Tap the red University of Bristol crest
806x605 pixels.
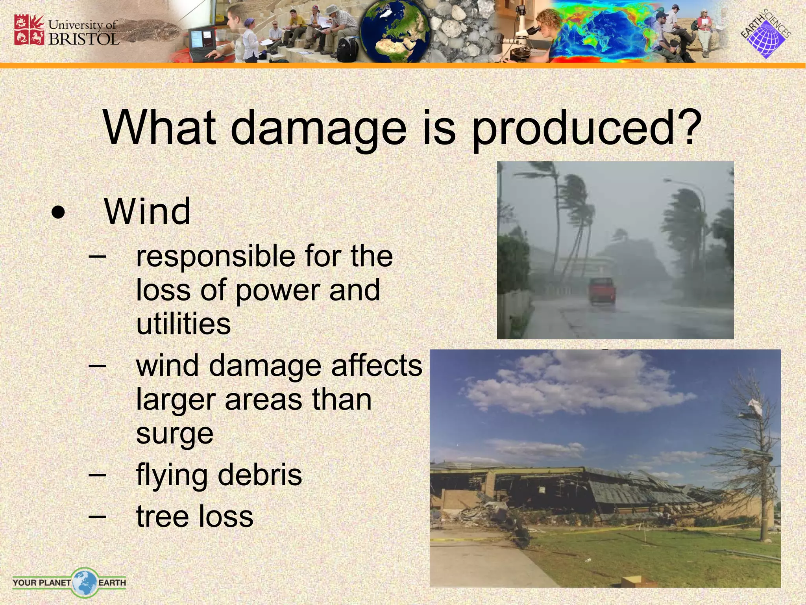[29, 30]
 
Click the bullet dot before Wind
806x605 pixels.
[58, 213]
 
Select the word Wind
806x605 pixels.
[147, 212]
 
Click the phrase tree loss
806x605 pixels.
[194, 516]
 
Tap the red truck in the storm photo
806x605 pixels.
[601, 290]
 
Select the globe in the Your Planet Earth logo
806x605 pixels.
[84, 582]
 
